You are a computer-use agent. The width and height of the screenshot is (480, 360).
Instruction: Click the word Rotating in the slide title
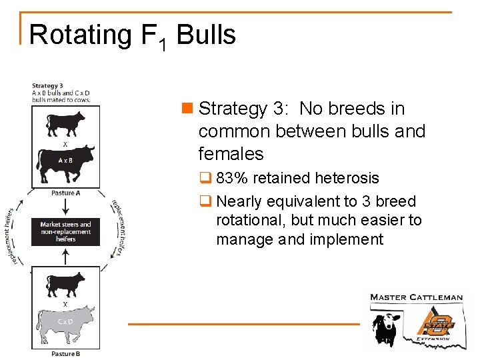[81, 35]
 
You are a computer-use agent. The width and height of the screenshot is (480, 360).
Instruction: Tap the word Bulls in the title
[206, 34]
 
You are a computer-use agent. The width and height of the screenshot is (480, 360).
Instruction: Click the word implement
[346, 239]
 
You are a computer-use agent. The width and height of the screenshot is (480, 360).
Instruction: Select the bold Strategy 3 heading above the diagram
[47, 85]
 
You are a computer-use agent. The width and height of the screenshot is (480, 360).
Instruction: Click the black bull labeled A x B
[65, 162]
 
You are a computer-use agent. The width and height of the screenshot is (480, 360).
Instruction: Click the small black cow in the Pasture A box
[65, 124]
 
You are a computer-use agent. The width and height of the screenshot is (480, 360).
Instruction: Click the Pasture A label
[65, 193]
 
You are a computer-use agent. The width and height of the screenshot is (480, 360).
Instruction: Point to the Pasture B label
[65, 353]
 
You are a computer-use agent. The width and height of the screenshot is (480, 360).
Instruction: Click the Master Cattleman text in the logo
[416, 297]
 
